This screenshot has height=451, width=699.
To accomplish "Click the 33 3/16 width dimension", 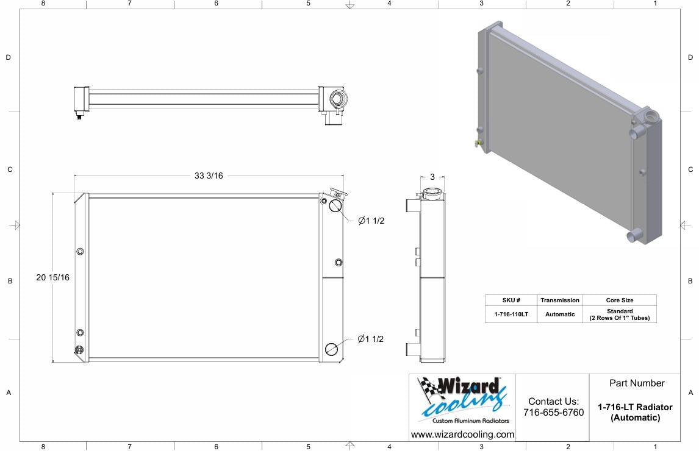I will [x=209, y=176].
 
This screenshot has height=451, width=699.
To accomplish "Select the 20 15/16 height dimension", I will [x=52, y=277].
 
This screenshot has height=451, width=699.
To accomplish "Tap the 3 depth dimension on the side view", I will [x=432, y=177].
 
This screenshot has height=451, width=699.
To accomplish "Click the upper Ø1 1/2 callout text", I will [x=371, y=221].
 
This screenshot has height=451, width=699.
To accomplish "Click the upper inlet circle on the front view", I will [x=335, y=205].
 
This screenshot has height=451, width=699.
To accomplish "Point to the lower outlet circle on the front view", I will [x=332, y=349].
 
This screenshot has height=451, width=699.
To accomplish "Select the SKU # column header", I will [x=511, y=300].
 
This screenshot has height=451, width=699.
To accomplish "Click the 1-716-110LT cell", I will [x=511, y=314].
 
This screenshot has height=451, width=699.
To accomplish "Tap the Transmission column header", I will [x=559, y=300].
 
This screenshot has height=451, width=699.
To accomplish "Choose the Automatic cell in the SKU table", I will [x=559, y=314].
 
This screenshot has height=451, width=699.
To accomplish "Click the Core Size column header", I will [x=619, y=300].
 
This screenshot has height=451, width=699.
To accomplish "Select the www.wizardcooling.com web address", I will [x=462, y=435].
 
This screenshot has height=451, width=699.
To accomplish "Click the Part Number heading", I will [x=637, y=383].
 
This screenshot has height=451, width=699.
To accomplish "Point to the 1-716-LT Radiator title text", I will [x=635, y=407].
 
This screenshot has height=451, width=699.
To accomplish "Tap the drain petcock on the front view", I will [x=79, y=350].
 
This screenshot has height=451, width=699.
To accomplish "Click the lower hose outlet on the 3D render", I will [x=633, y=236].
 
